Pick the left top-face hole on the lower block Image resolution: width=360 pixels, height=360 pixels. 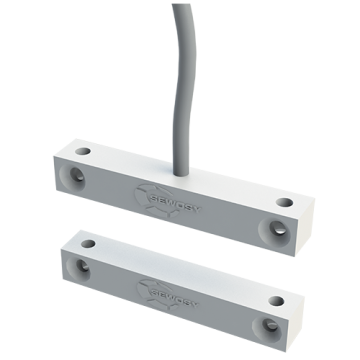88,241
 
